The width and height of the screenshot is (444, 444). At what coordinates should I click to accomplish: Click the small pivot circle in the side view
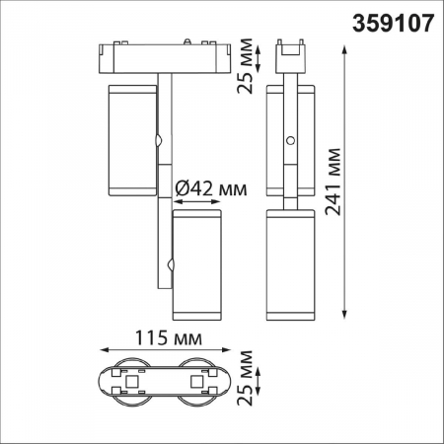click(290, 142)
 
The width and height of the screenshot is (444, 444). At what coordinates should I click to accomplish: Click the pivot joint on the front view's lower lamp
click(172, 264)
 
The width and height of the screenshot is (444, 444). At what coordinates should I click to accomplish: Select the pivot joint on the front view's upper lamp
click(158, 140)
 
